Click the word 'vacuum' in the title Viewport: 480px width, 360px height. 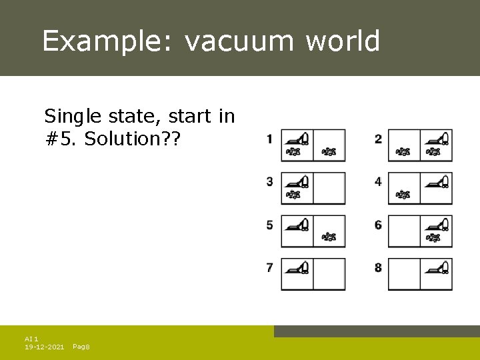[x=239, y=41]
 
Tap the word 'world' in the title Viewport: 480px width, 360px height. [x=343, y=41]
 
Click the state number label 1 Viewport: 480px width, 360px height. [x=269, y=139]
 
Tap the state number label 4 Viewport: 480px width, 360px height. [x=378, y=181]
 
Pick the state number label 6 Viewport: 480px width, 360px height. [x=378, y=225]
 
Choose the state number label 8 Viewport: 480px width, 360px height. [x=378, y=267]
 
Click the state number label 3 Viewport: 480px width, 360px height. [x=269, y=181]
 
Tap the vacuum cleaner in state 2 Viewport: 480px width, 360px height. [x=437, y=138]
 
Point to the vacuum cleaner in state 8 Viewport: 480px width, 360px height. [x=437, y=267]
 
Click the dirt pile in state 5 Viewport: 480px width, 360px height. [x=329, y=237]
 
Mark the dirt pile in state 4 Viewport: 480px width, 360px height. [x=403, y=194]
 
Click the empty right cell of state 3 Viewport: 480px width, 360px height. [x=329, y=188]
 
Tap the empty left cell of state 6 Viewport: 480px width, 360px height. [x=404, y=231]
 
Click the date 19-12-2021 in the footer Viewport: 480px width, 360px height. [x=44, y=347]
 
